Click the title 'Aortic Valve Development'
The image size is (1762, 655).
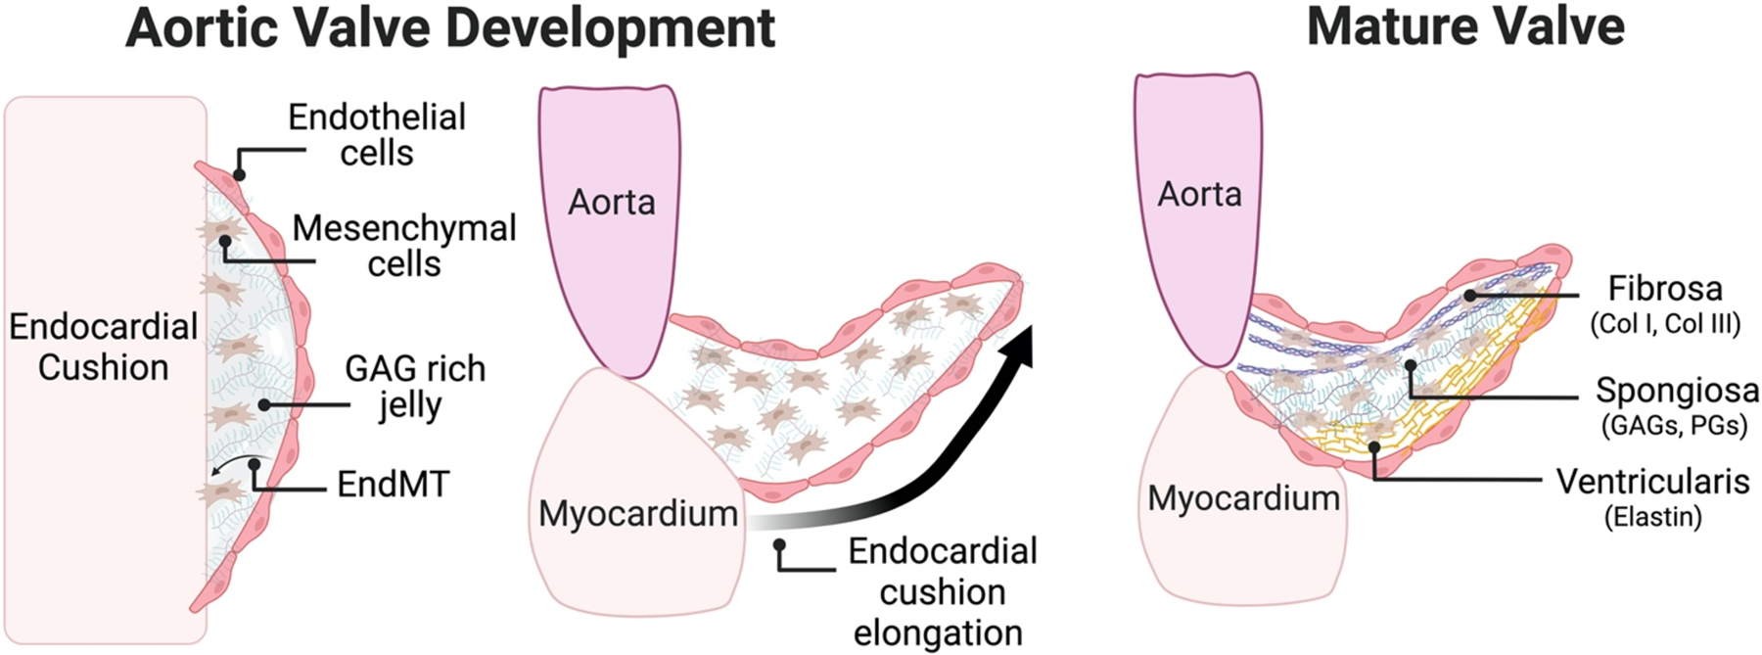pos(450,28)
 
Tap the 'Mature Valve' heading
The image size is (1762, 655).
pos(1465,26)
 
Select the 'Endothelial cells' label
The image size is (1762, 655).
pos(377,135)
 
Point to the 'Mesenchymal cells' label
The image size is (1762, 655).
pos(404,246)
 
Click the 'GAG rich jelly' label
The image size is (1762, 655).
pos(414,386)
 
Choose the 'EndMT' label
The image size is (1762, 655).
pos(393,484)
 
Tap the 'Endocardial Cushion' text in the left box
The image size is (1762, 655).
pos(103,347)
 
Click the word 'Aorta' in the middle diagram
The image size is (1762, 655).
pos(612,203)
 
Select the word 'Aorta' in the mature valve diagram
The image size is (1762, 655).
pos(1199,195)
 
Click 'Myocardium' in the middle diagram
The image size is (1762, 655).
pos(638,513)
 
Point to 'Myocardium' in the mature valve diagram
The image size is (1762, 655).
pos(1243,498)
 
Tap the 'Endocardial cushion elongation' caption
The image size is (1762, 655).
pos(942,591)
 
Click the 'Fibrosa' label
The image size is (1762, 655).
pos(1665,289)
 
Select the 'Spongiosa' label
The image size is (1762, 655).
pos(1677,391)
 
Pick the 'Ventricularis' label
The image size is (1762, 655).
pos(1652,482)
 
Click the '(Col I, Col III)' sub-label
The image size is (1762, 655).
pos(1665,324)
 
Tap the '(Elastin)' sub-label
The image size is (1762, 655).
pos(1652,516)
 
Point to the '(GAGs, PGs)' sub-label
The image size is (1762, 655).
pos(1675,426)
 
